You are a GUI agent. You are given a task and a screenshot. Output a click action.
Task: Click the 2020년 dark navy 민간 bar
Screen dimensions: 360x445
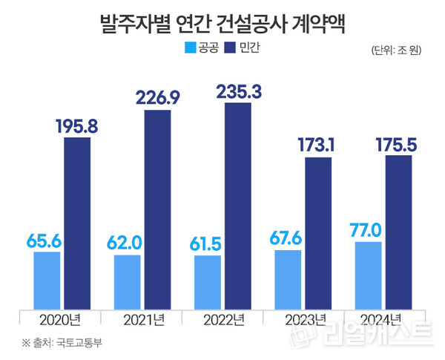77,223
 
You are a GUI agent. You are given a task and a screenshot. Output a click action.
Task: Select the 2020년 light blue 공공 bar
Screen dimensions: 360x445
47,281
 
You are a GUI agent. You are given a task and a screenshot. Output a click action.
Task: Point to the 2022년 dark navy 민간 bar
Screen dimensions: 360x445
237,206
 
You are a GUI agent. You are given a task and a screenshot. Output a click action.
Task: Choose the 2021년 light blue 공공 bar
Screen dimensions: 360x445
127,282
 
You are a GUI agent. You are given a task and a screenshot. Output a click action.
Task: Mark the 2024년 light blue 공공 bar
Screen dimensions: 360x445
369,275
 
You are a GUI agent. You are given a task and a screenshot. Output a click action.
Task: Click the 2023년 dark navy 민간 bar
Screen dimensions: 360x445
318,233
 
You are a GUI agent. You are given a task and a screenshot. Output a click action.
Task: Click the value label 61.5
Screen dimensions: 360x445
207,243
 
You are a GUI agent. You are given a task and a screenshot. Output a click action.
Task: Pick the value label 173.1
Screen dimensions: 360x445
319,145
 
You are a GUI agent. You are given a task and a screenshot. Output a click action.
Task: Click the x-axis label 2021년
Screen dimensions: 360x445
142,319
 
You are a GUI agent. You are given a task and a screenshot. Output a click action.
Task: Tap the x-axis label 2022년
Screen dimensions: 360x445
222,319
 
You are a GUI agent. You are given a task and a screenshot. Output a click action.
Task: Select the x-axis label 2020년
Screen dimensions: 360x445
62,319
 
